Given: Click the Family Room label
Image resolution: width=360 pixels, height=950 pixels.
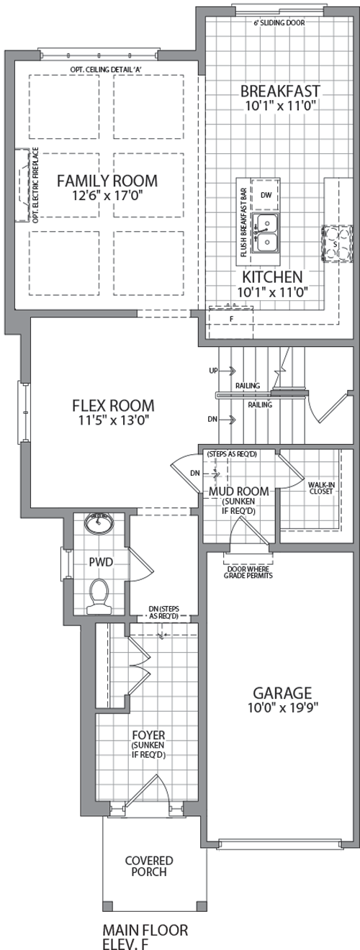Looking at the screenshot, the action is (107, 181).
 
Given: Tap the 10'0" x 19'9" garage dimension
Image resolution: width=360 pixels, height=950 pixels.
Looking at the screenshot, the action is (283, 708).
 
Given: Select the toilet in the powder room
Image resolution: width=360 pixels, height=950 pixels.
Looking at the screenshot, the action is (99, 597).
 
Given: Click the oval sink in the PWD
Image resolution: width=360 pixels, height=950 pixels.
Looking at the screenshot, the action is (99, 523).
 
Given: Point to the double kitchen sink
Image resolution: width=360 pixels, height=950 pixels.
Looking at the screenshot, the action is (266, 233).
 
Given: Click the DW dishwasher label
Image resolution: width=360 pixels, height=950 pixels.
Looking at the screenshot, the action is (266, 195).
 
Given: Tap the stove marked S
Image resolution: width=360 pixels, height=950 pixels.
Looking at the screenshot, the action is (337, 244).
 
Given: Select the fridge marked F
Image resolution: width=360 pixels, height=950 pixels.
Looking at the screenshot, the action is (231, 322).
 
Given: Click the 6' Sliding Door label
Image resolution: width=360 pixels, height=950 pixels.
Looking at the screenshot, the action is (279, 22).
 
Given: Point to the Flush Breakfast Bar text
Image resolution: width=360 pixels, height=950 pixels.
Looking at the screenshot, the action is (243, 222).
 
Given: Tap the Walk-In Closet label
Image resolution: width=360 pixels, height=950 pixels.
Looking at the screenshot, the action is (321, 488).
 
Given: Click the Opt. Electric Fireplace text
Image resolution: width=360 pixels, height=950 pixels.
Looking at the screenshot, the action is (35, 185).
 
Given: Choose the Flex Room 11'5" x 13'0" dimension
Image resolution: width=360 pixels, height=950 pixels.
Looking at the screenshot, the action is (113, 420).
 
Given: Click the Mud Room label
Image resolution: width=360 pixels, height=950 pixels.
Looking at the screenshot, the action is (238, 492).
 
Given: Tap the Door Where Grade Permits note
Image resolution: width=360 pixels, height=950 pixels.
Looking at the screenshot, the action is (248, 572).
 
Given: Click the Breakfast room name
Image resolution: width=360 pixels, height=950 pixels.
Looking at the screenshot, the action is (280, 91).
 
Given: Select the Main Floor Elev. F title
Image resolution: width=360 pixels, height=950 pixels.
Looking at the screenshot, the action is (145, 936).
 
